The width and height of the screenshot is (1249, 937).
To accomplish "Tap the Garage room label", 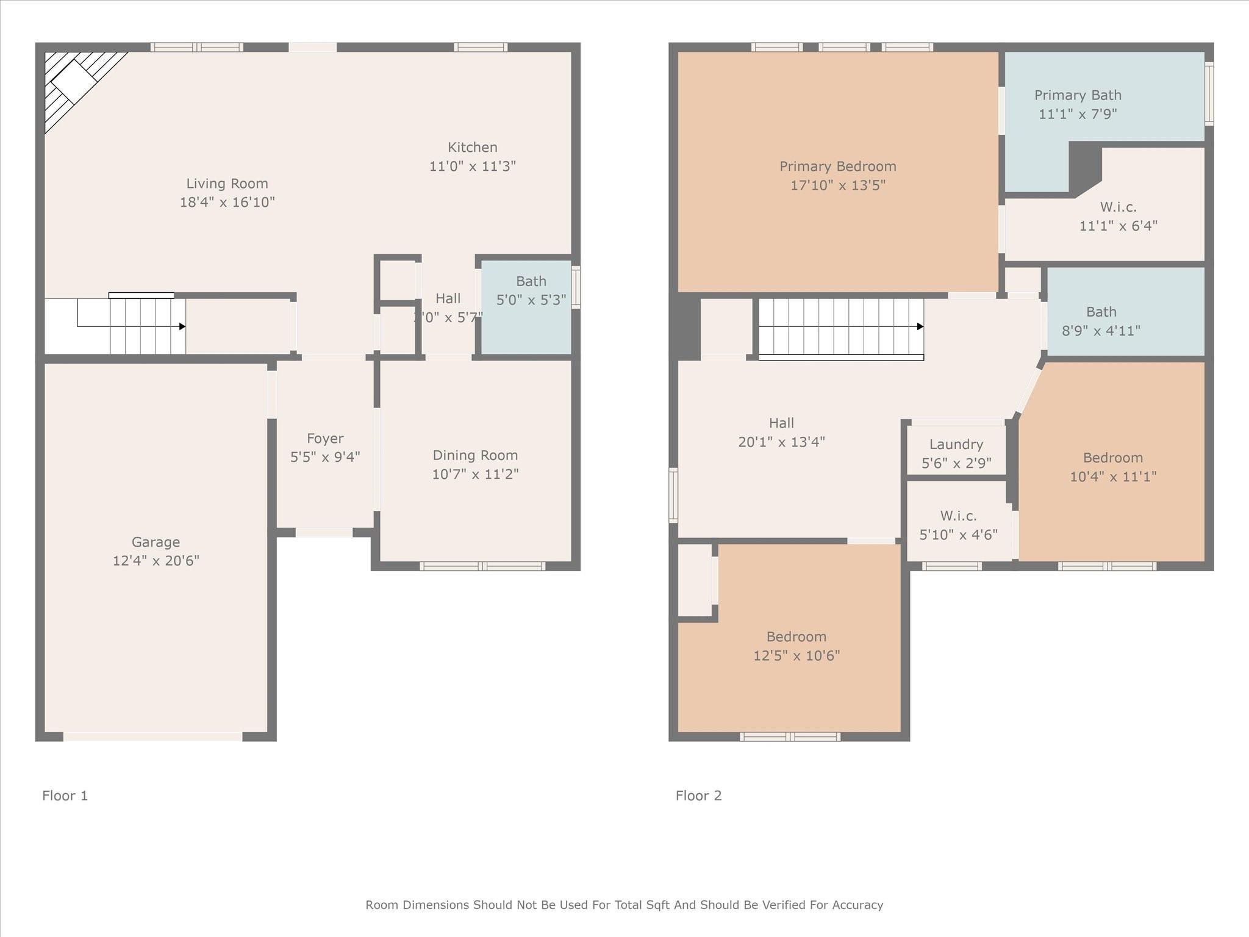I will point(156,542).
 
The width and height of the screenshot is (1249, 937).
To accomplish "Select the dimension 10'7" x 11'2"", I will point(475,474).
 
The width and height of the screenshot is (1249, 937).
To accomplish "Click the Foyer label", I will point(325,438).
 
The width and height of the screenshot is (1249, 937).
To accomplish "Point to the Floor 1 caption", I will point(65,795).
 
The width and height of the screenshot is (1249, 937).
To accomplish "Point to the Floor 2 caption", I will point(698,795).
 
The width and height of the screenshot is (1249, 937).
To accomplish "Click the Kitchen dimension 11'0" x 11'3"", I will point(473,166).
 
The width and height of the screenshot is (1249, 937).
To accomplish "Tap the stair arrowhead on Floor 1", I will point(182,326).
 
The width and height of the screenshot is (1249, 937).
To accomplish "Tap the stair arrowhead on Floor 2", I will point(920,326).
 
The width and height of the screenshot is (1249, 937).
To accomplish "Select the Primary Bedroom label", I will point(837,166).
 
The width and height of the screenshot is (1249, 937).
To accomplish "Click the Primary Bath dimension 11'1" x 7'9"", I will point(1078,114).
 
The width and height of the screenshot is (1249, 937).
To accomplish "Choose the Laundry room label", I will point(956,444).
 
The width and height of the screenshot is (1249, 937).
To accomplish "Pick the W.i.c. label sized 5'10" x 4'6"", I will point(958,515).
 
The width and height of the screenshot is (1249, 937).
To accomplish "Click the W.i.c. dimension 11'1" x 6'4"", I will point(1118,226).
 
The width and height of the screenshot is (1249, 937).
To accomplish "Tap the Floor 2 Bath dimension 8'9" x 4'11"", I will point(1101,331).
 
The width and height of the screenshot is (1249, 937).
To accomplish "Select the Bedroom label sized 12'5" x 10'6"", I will point(796,636).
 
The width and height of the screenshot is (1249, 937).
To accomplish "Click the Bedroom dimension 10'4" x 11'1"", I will point(1113,476).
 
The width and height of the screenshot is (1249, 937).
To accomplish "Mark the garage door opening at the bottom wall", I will point(152,737).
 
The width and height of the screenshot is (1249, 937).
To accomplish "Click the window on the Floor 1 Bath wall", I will point(576,287).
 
